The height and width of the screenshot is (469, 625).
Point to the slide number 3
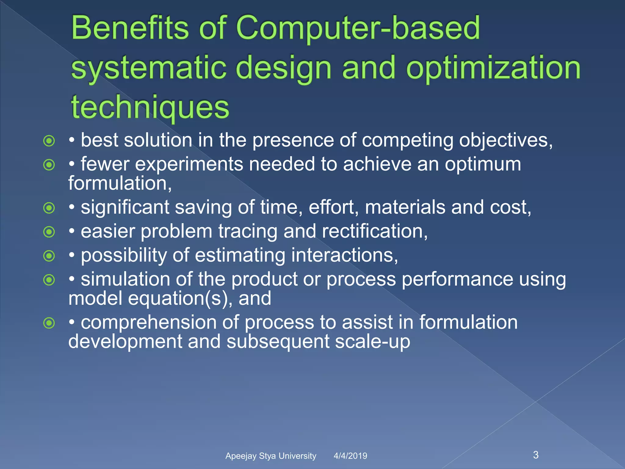pos(536,455)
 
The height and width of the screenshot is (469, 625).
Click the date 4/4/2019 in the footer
pos(350,456)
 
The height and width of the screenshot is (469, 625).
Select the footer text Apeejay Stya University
pos(271,456)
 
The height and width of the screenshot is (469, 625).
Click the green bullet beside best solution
pos(49,141)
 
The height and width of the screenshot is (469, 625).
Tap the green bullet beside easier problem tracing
pos(49,232)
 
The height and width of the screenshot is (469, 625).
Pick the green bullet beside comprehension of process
pos(49,323)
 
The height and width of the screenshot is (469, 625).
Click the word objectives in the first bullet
pos(505,140)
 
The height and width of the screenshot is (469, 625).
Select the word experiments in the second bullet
pos(189,164)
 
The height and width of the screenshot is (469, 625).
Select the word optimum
pos(483,164)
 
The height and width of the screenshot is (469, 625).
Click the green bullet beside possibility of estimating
pos(49,256)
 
